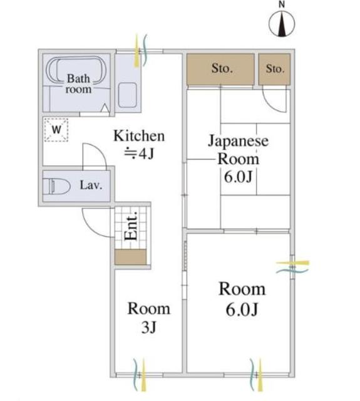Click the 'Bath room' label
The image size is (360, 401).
click(79, 84)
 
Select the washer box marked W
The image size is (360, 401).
click(56, 130)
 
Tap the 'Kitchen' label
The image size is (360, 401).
click(138, 136)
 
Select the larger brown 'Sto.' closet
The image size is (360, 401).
click(220, 69)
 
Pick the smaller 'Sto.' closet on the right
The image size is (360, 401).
click(275, 69)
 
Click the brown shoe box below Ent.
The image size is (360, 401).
click(131, 256)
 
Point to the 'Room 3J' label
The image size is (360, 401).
click(148, 317)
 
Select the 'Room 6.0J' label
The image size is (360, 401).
click(241, 298)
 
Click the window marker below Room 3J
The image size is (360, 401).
click(140, 375)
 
